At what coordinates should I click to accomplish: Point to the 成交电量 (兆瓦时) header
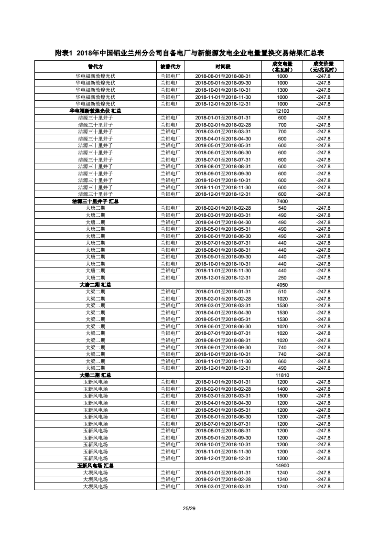pyautogui.click(x=282, y=66)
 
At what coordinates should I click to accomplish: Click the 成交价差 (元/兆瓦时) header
pyautogui.click(x=324, y=66)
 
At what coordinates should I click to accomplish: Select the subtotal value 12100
pyautogui.click(x=282, y=111)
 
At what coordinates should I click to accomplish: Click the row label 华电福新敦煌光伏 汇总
pyautogui.click(x=96, y=111)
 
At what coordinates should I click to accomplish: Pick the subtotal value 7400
pyautogui.click(x=282, y=201)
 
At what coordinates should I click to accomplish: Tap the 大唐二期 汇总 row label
pyautogui.click(x=96, y=285)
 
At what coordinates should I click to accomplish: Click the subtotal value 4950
pyautogui.click(x=282, y=285)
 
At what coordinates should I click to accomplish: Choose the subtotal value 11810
pyautogui.click(x=282, y=375)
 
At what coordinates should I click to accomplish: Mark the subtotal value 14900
pyautogui.click(x=282, y=465)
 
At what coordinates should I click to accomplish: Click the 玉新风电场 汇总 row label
pyautogui.click(x=96, y=465)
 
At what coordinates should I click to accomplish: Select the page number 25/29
pyautogui.click(x=189, y=507)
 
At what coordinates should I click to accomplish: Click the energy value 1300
pyautogui.click(x=282, y=90)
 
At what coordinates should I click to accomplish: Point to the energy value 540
pyautogui.click(x=282, y=208)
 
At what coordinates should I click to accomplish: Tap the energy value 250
pyautogui.click(x=282, y=278)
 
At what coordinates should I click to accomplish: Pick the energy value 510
pyautogui.click(x=282, y=291)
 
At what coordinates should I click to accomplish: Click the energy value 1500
pyautogui.click(x=282, y=396)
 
